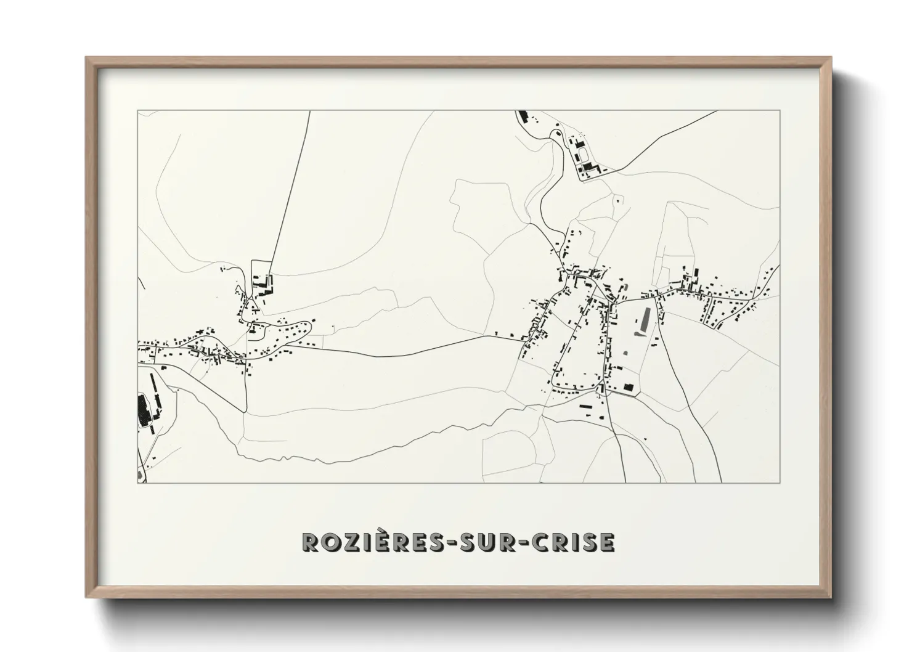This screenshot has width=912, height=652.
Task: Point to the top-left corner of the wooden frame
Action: (x=86, y=58)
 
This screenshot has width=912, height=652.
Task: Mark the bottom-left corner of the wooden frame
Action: (x=86, y=597)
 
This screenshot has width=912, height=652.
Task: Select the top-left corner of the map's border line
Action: (x=137, y=111)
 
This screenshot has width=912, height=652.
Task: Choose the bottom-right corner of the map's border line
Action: (x=780, y=483)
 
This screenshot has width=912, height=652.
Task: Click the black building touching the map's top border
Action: (x=524, y=116)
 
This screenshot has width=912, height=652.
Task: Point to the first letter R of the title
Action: (x=310, y=542)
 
